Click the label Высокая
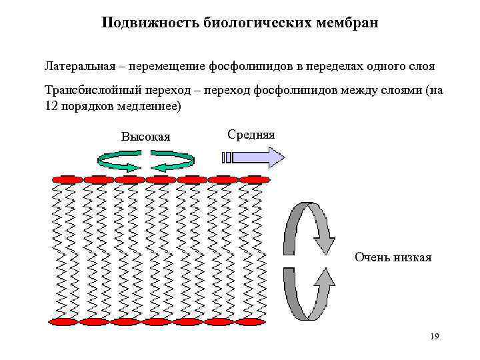pos(145,137)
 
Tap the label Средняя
pos(251,135)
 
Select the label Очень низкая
pos(393,257)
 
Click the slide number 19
pos(434,337)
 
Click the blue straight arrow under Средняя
pos(253,157)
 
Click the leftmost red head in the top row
pos(67,179)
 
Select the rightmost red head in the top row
pos(255,179)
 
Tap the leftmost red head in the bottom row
pos(66,322)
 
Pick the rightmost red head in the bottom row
pos(250,322)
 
